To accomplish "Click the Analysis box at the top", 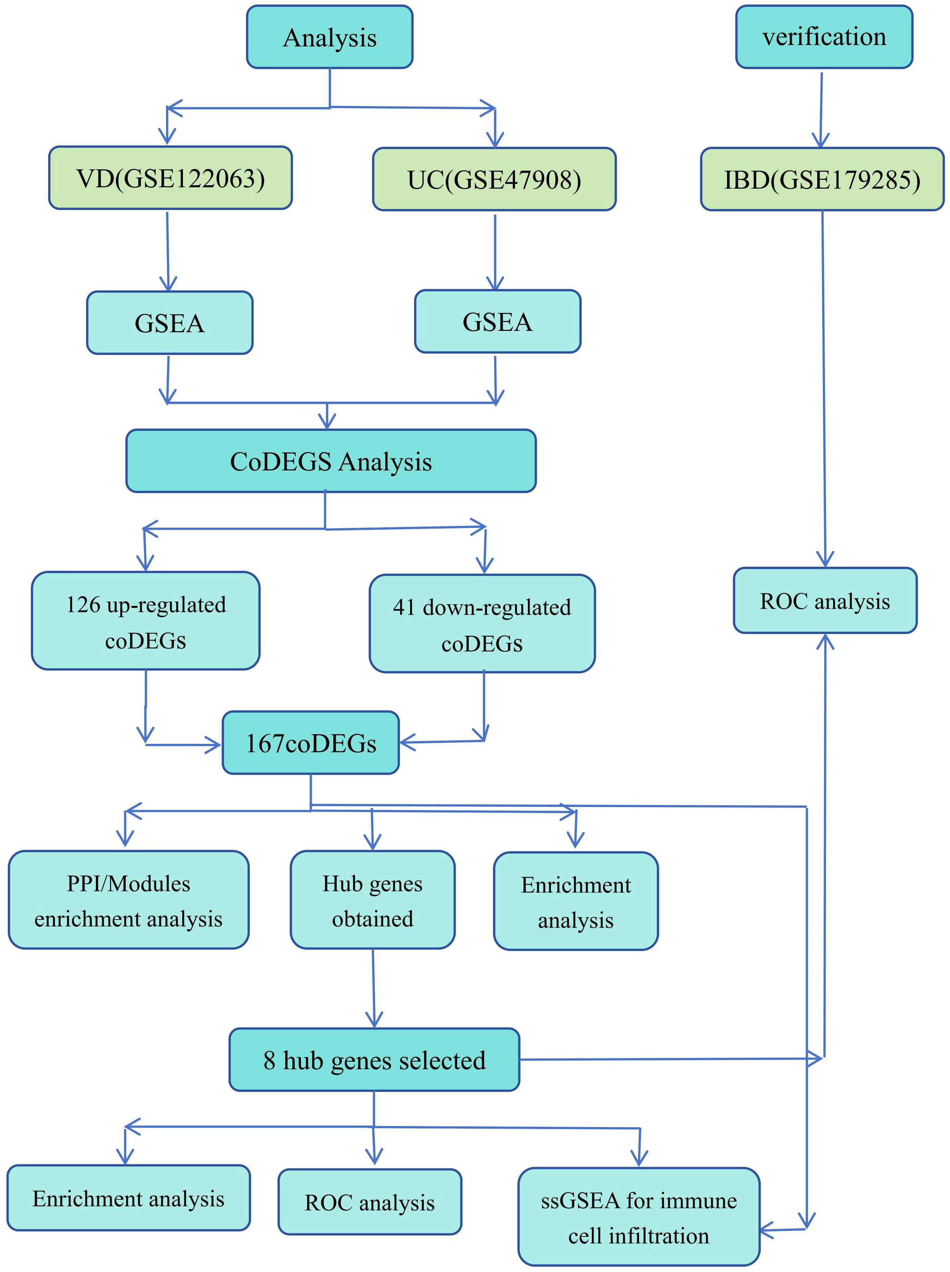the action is click(330, 37).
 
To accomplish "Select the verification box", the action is click(824, 37).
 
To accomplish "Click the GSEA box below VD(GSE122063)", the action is click(170, 322).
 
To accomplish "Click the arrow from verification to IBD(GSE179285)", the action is click(821, 110).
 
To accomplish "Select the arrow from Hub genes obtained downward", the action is click(374, 989).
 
